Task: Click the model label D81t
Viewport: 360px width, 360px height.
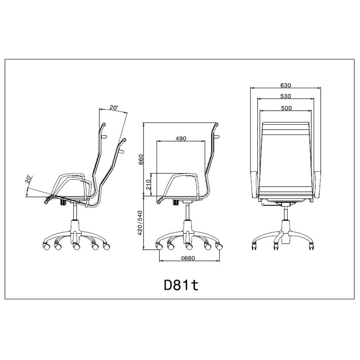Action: click(181, 285)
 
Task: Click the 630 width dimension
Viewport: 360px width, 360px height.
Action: click(286, 85)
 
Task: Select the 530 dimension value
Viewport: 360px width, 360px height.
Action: click(286, 96)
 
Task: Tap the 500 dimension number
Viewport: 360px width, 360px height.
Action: click(286, 108)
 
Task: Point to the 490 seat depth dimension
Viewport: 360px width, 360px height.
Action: click(181, 139)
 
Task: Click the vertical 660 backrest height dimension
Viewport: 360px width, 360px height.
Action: click(141, 159)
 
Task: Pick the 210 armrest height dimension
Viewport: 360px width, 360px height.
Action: click(148, 185)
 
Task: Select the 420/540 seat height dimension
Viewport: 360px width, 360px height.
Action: click(140, 223)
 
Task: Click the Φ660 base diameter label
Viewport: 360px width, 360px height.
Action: click(188, 258)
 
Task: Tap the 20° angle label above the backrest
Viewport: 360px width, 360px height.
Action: click(114, 108)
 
